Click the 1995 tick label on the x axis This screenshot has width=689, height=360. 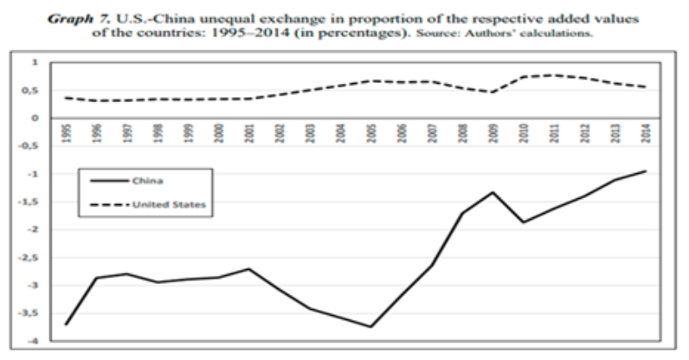pyautogui.click(x=65, y=132)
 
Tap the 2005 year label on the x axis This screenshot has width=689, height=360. pyautogui.click(x=371, y=132)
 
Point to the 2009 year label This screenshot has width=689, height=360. pyautogui.click(x=493, y=132)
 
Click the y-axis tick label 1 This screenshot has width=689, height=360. pyautogui.click(x=35, y=63)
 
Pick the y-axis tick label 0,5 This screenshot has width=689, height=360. pyautogui.click(x=32, y=91)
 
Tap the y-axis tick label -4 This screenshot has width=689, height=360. pyautogui.click(x=34, y=341)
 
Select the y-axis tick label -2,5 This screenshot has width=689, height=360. pyautogui.click(x=30, y=258)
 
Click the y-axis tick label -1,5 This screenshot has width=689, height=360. pyautogui.click(x=30, y=202)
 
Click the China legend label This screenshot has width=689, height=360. pyautogui.click(x=148, y=183)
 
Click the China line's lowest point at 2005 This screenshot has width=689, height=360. pyautogui.click(x=371, y=326)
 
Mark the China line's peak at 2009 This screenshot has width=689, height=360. pyautogui.click(x=493, y=192)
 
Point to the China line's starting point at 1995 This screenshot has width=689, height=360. pyautogui.click(x=65, y=325)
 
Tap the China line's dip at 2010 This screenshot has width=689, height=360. pyautogui.click(x=524, y=222)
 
